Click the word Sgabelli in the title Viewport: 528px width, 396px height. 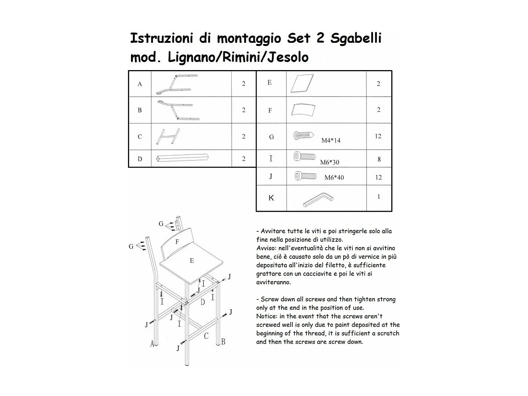[356, 39]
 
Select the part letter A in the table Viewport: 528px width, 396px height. [140, 84]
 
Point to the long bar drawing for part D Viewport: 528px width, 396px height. [182, 158]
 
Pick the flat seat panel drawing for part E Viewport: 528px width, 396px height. [302, 83]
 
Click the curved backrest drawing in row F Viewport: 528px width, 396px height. [303, 110]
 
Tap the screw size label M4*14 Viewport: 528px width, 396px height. [331, 141]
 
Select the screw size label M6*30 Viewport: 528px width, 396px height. [330, 163]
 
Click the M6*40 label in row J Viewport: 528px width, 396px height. [334, 177]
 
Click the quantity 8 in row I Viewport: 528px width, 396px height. [379, 160]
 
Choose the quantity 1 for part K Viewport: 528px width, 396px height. [379, 197]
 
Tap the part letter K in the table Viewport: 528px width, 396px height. [271, 198]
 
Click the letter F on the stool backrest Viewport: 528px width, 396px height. [177, 241]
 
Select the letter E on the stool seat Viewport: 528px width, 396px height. [192, 261]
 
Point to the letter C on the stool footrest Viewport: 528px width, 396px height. [206, 336]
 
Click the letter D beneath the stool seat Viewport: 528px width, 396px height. [203, 302]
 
